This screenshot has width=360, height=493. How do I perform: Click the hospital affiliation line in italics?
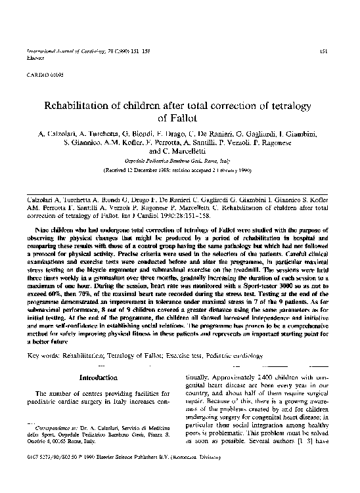[x=179, y=159]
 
